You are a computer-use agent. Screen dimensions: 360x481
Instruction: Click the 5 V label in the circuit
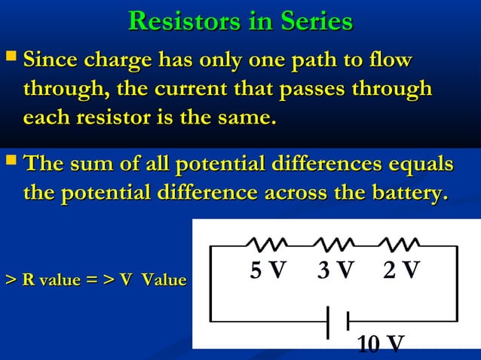point(268,270)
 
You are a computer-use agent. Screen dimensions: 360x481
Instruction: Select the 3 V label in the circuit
point(335,270)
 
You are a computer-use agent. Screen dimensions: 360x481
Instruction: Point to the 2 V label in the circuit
point(401,270)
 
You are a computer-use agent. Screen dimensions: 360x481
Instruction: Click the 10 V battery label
point(381,344)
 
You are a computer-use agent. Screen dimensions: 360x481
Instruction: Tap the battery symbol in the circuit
point(338,322)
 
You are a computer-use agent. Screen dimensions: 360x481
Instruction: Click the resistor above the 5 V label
point(266,244)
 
